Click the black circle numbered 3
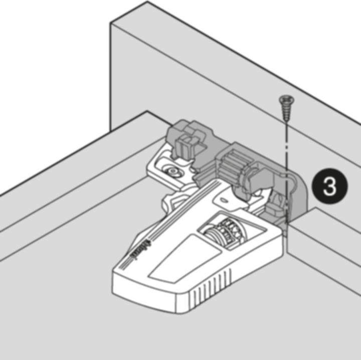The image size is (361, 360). click(329, 187)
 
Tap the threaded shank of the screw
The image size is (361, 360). click(285, 112)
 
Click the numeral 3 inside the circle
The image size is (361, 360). click(329, 187)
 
